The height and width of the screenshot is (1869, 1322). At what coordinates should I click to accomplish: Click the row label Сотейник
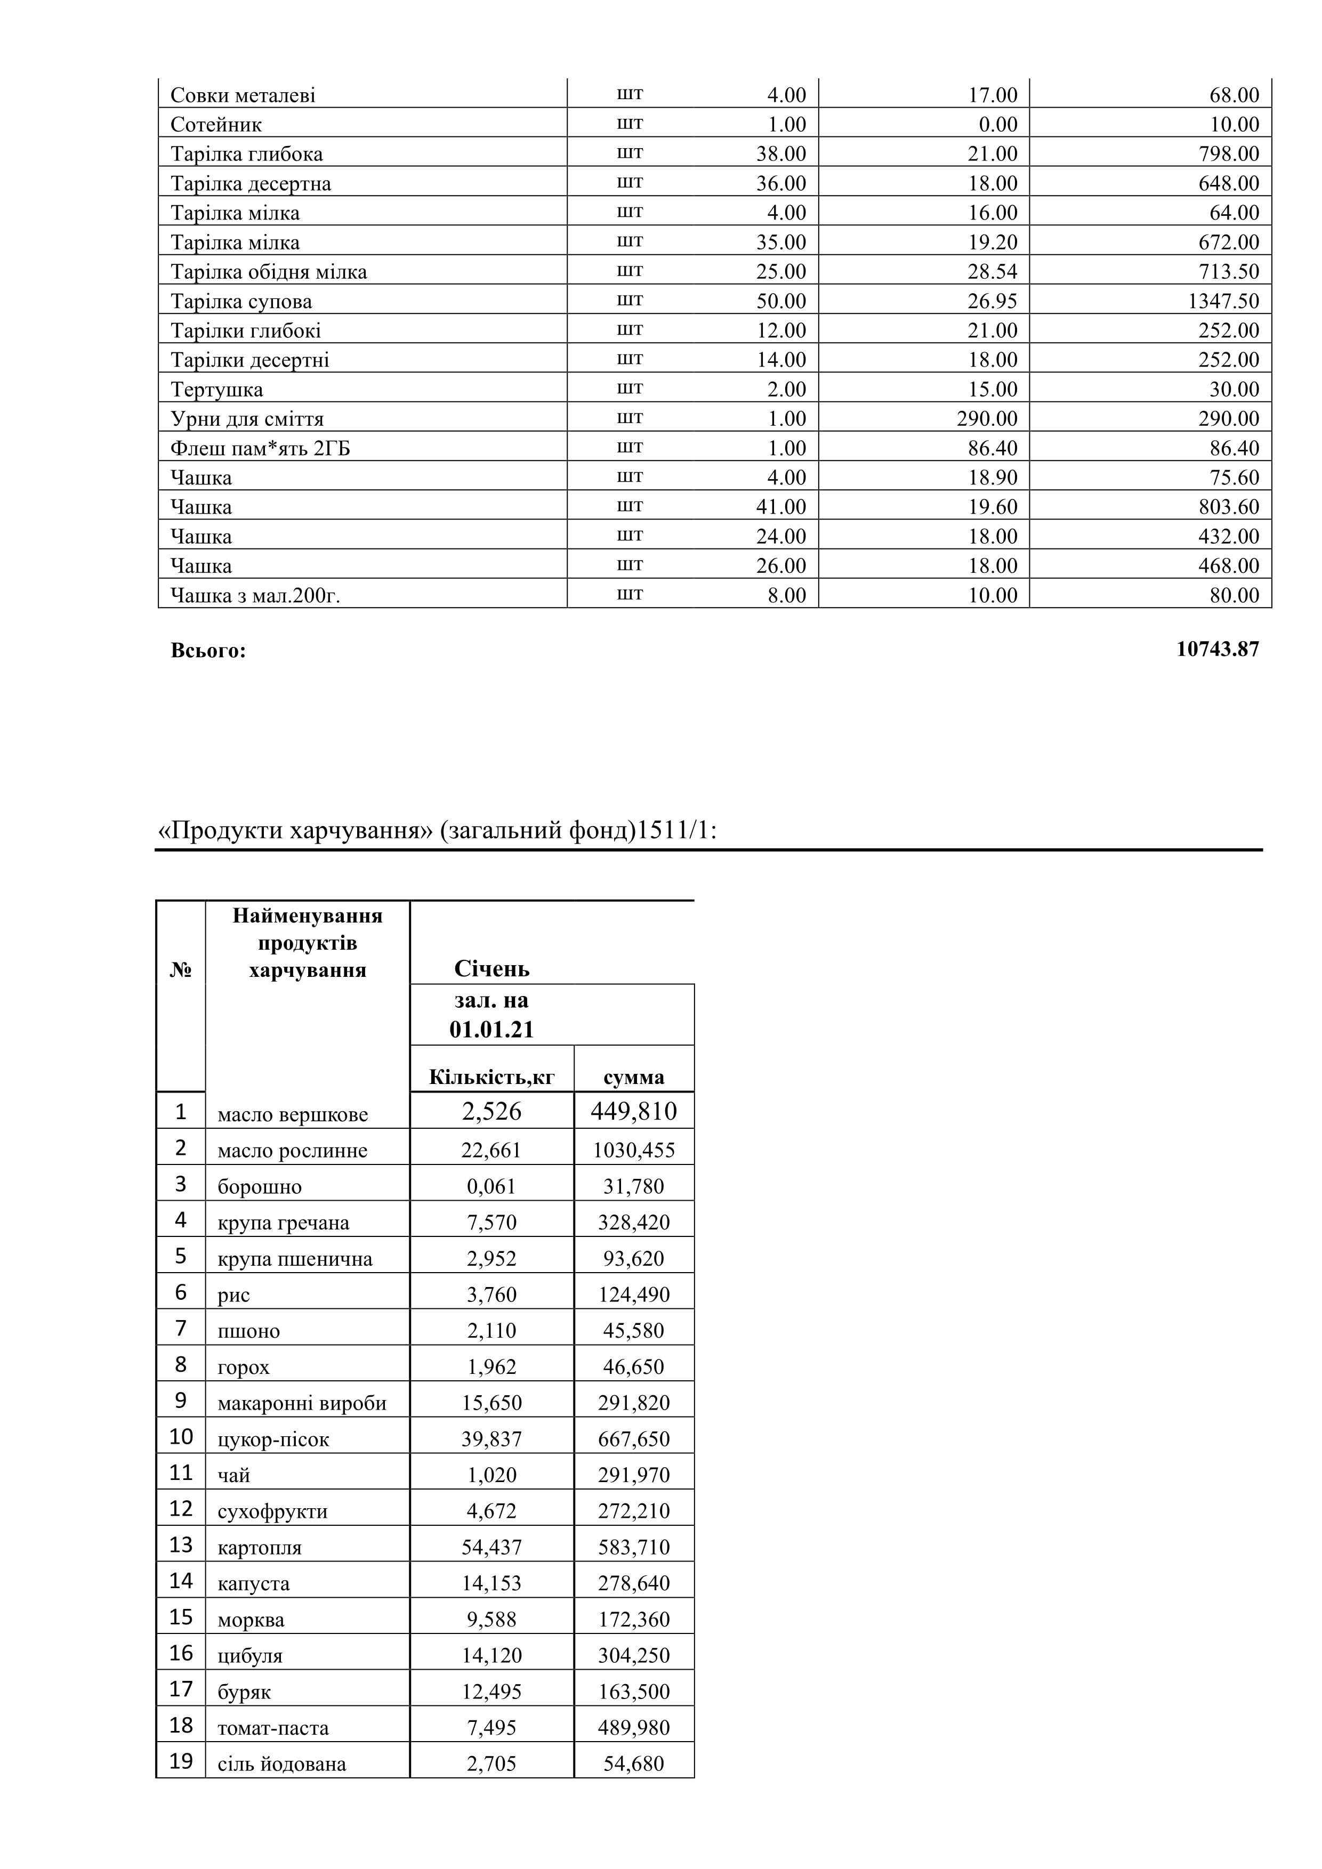[216, 125]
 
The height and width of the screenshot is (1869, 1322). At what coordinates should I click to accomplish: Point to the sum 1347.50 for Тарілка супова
[1223, 301]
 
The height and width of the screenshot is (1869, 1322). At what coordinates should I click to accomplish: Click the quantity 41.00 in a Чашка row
[780, 507]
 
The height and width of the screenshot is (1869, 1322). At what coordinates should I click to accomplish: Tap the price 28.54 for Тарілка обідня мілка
[993, 272]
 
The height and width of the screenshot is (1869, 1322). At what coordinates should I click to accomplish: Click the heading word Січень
[491, 969]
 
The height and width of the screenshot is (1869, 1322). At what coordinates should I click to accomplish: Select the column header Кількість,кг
[491, 1077]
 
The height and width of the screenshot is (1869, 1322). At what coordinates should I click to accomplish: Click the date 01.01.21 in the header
[491, 1030]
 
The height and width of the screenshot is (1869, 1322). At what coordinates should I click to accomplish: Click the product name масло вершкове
[292, 1114]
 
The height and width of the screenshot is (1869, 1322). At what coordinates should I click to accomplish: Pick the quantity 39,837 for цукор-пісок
[491, 1439]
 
